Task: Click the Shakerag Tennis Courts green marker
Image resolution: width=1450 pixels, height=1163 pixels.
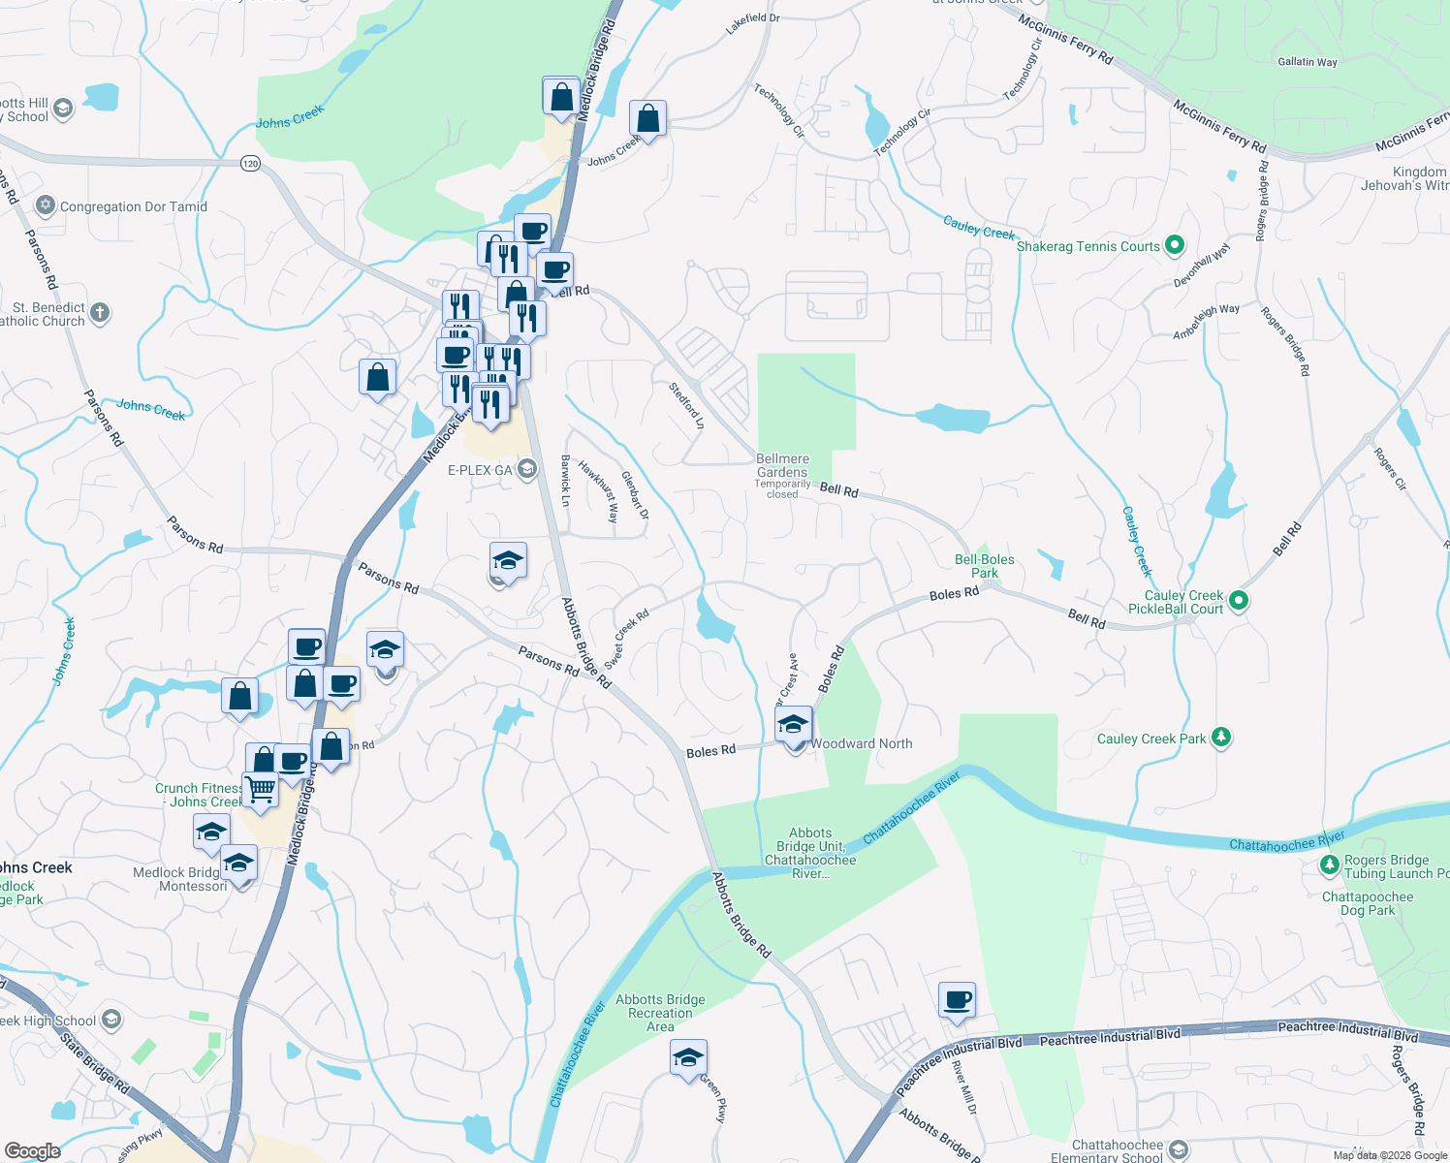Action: [x=1175, y=245]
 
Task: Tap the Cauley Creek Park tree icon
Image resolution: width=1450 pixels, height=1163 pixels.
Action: [x=1221, y=738]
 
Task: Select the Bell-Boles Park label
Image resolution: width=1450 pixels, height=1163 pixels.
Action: [x=985, y=566]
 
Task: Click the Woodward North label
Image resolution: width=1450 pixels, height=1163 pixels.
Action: [x=862, y=743]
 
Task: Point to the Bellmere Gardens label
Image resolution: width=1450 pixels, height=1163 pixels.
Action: [x=782, y=465]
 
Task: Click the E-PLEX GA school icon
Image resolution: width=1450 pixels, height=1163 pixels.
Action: [x=527, y=470]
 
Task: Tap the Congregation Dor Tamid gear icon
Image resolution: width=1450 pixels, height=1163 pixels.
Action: [x=45, y=205]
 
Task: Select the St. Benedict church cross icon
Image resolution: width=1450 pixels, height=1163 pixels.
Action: [x=100, y=313]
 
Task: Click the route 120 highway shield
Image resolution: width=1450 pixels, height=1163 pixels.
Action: [x=251, y=163]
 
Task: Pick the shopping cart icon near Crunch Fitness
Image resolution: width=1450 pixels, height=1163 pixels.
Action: [x=260, y=789]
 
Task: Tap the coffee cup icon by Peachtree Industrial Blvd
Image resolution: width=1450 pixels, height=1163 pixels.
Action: [x=958, y=999]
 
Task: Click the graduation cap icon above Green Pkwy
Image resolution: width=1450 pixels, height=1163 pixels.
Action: [x=688, y=1057]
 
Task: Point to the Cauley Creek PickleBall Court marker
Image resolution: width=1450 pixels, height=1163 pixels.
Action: [x=1239, y=602]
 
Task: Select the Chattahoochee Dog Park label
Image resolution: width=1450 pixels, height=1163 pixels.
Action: [x=1368, y=903]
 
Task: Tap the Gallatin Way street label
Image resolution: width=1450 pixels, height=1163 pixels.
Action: [x=1307, y=62]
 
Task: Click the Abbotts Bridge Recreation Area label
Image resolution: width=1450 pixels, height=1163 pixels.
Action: [x=660, y=1013]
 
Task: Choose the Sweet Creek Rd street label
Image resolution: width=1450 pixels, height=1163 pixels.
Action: [x=626, y=639]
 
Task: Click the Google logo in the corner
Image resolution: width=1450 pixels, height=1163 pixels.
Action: [x=33, y=1151]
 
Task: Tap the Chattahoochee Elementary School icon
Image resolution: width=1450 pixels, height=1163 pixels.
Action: [x=1179, y=1150]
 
